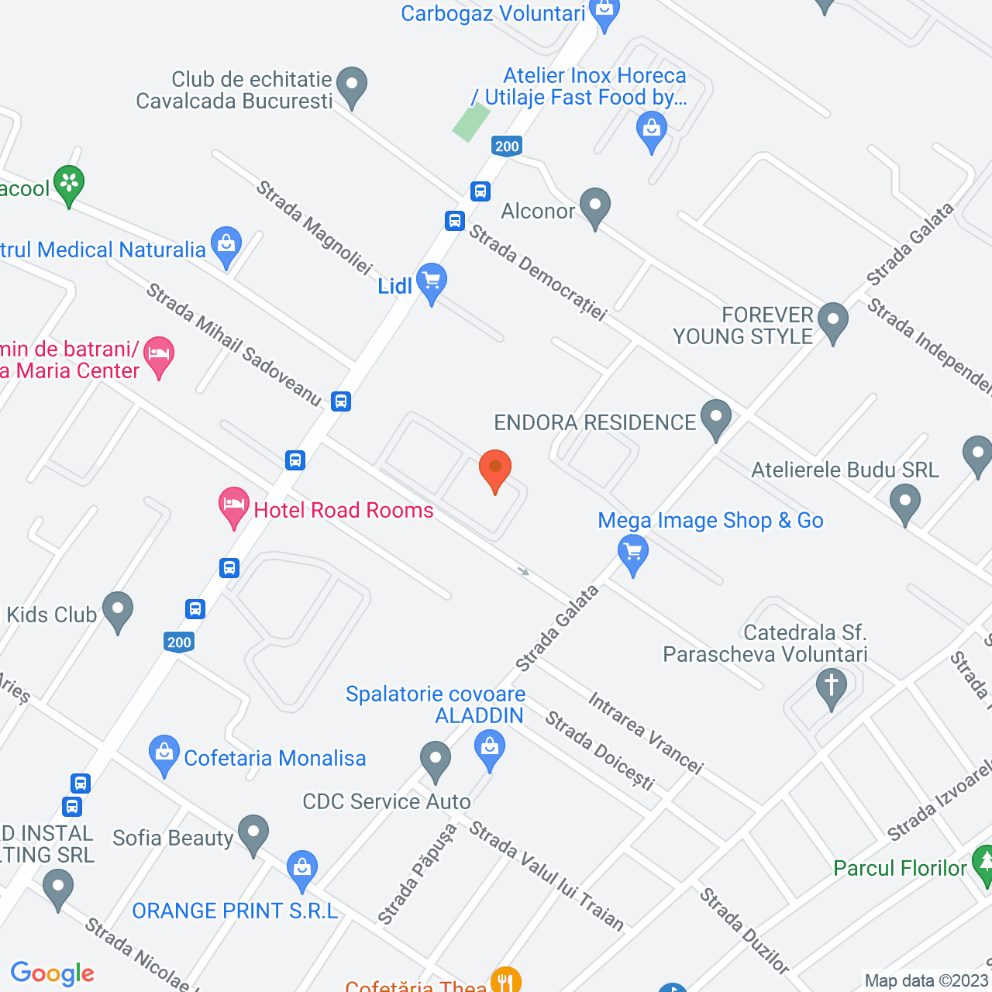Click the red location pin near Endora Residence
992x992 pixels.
point(495,470)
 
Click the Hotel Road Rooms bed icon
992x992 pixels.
point(233,506)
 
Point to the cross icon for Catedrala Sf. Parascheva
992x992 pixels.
point(832,687)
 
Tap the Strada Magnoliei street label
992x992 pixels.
point(314,227)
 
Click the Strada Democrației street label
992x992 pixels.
point(538,272)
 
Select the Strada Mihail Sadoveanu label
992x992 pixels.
point(233,345)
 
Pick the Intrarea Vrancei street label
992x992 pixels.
point(646,732)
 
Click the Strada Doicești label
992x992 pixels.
point(600,750)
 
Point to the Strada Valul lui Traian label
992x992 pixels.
point(546,875)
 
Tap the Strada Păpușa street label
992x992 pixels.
point(417,873)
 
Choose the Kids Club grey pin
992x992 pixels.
point(117,611)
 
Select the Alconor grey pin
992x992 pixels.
point(595,207)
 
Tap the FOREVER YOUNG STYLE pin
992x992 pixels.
point(833,321)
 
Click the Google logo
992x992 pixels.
point(53,973)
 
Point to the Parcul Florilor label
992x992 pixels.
point(900,868)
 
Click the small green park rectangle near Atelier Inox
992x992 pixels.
point(471,122)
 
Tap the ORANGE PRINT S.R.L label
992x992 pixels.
point(235,911)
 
